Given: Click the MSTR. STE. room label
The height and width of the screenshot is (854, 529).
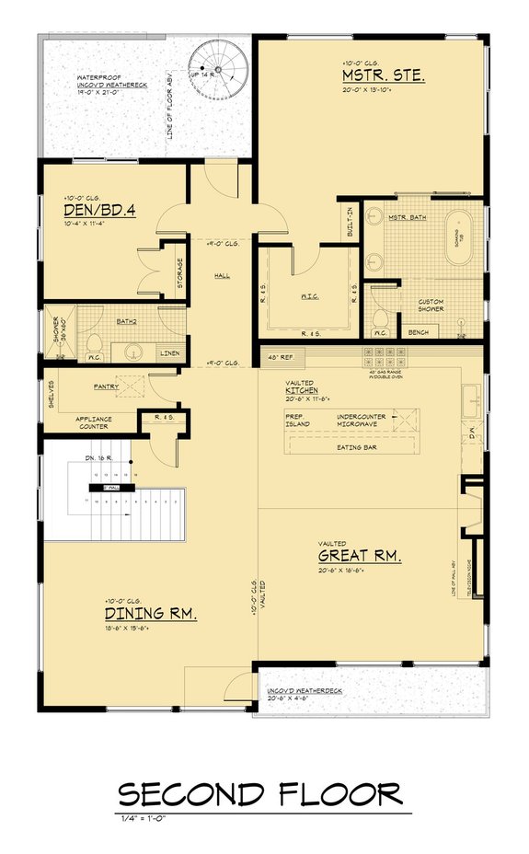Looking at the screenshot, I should pyautogui.click(x=383, y=75).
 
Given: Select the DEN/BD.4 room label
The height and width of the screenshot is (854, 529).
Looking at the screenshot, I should pyautogui.click(x=99, y=211).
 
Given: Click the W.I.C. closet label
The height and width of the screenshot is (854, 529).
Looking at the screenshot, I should pyautogui.click(x=309, y=297).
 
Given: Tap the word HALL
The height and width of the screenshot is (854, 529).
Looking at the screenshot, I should pyautogui.click(x=222, y=275).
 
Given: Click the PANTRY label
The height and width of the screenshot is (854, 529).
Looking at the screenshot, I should pyautogui.click(x=108, y=387).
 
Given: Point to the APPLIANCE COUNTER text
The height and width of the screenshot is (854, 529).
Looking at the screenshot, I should pyautogui.click(x=93, y=422).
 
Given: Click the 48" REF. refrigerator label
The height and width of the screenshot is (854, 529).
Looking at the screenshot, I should pyautogui.click(x=280, y=357).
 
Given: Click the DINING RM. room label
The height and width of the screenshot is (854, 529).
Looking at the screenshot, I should pyautogui.click(x=150, y=613).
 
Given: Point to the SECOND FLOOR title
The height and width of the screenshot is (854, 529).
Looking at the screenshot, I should pyautogui.click(x=260, y=792).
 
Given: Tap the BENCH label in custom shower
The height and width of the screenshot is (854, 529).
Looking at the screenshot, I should pyautogui.click(x=418, y=331).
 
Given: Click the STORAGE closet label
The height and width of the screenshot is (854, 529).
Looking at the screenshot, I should pyautogui.click(x=179, y=271).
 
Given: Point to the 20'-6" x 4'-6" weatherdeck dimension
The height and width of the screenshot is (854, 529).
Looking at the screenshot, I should pyautogui.click(x=286, y=698).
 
